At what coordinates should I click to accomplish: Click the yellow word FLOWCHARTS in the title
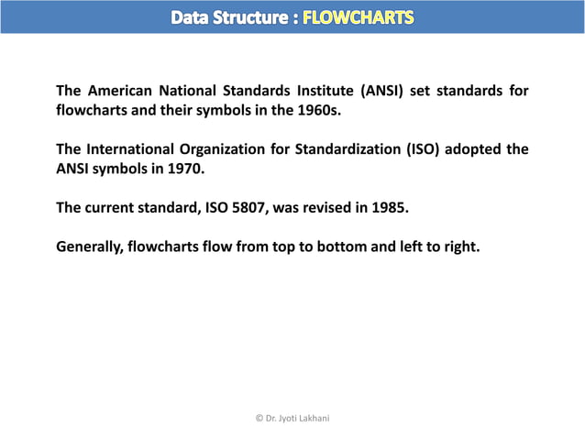click(358, 16)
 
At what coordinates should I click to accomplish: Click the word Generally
click(90, 246)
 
